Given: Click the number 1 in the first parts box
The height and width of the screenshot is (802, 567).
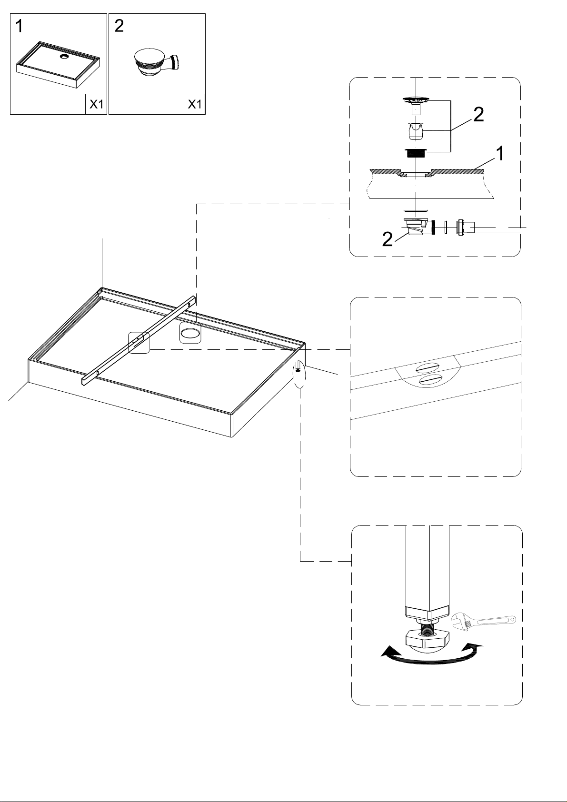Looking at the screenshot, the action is tap(20, 26).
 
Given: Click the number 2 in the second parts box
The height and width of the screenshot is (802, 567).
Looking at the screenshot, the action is tap(119, 26).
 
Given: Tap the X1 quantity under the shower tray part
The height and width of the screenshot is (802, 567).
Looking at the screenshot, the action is tap(96, 104).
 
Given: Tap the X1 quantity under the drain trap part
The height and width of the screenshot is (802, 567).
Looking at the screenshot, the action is tap(195, 104).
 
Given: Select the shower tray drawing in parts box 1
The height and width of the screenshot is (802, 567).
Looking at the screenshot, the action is tap(58, 65).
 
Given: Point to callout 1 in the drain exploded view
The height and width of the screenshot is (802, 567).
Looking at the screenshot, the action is tap(500, 153).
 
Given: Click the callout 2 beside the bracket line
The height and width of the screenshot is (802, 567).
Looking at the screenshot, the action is tap(478, 115).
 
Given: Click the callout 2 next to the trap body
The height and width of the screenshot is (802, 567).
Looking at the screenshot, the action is tap(388, 239).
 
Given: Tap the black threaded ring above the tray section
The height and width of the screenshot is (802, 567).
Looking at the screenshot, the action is tap(416, 153).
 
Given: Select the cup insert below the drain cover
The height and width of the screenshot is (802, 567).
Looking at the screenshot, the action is tap(416, 131).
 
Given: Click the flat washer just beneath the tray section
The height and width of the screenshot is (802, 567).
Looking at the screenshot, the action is tap(416, 211).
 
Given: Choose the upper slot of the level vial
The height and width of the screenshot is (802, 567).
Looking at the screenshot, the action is tap(426, 369).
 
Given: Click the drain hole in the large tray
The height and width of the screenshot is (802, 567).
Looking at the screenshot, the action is tap(190, 335).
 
